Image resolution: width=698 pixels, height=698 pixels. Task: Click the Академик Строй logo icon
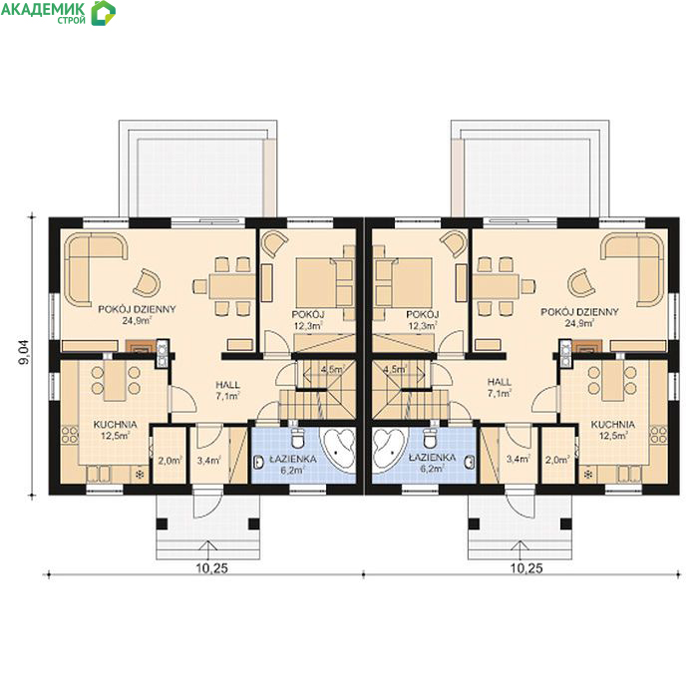[x=104, y=12]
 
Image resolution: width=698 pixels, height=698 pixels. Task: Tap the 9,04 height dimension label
[x=24, y=353]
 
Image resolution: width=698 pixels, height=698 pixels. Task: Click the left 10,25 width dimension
[x=211, y=568]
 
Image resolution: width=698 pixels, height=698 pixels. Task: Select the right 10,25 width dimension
[x=526, y=568]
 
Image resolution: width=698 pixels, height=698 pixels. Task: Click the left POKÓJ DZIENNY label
[x=138, y=309]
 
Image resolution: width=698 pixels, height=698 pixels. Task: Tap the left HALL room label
[x=228, y=385]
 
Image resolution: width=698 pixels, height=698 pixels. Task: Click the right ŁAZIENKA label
[x=432, y=457]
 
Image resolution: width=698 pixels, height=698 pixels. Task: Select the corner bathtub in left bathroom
[x=339, y=447]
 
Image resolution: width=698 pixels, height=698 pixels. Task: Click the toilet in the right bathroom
[x=430, y=438]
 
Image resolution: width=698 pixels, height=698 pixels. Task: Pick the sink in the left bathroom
[x=258, y=463]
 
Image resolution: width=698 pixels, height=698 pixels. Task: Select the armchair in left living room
[x=147, y=282]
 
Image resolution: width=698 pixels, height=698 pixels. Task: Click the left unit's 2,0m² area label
[x=170, y=461]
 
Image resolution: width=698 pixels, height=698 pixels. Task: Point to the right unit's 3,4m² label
[x=519, y=459]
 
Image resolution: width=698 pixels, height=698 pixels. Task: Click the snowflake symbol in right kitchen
[x=588, y=474]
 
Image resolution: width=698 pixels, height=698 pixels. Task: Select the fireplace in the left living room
[x=141, y=346]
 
